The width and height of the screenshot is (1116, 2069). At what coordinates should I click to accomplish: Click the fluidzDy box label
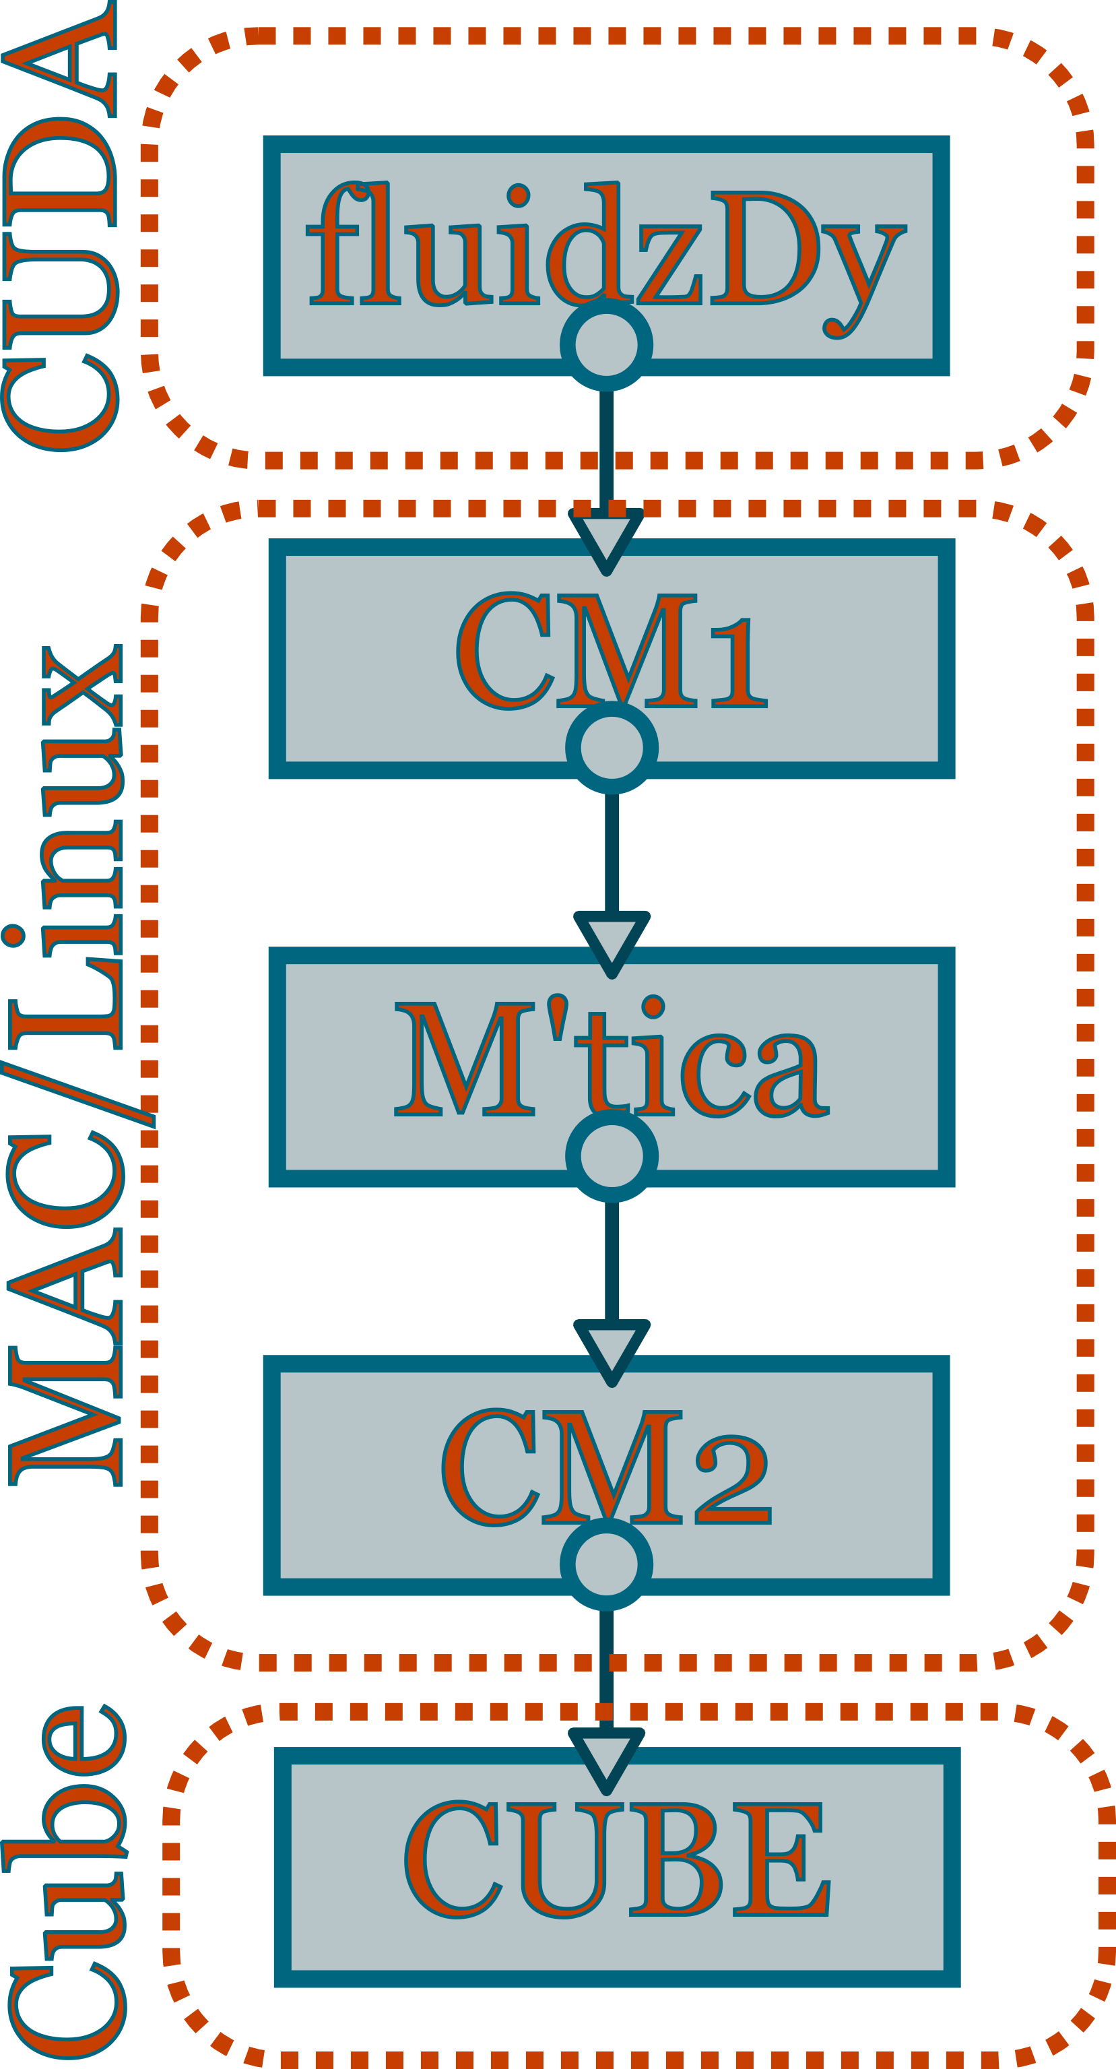click(x=606, y=245)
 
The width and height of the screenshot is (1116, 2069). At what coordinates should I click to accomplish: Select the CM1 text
click(x=610, y=652)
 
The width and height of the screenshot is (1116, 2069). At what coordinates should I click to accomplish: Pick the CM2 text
click(x=605, y=1468)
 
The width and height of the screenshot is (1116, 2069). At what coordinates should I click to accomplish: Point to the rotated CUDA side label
click(x=60, y=225)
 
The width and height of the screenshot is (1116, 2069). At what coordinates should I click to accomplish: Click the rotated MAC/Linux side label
click(x=64, y=1069)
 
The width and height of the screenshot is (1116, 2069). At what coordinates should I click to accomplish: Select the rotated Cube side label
click(x=64, y=1888)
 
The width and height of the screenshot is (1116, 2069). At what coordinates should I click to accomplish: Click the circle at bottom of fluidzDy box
click(x=606, y=346)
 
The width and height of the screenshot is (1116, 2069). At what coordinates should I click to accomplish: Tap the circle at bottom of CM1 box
click(x=612, y=748)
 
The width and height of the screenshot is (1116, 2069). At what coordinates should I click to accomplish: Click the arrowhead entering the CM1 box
click(x=606, y=538)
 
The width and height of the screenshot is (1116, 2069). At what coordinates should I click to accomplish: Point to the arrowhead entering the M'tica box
click(x=612, y=941)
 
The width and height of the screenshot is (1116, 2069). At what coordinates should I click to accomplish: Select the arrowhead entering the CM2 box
click(x=612, y=1349)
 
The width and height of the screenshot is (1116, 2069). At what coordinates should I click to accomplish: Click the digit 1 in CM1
click(x=739, y=663)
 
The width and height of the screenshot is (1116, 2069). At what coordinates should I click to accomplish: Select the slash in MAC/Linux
click(x=76, y=1096)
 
